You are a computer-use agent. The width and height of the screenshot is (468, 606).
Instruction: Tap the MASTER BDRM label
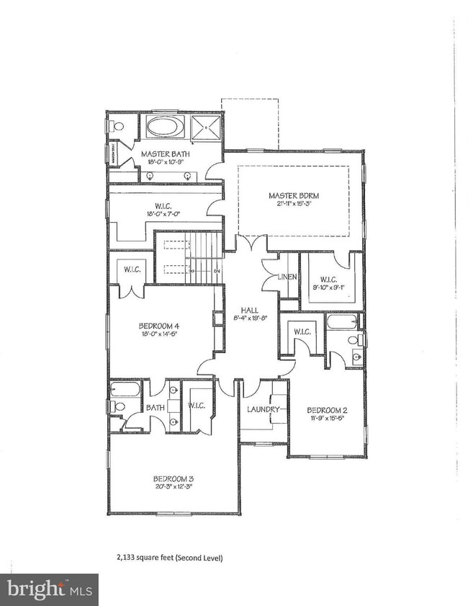tap(294, 195)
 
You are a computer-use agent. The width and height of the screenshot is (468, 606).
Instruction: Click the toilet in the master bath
tap(118, 125)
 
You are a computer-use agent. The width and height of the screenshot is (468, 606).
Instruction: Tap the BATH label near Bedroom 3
tap(156, 407)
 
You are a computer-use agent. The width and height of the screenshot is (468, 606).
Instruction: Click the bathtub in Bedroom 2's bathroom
tap(342, 321)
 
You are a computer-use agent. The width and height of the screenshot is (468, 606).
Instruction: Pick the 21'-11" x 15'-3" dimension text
tap(294, 205)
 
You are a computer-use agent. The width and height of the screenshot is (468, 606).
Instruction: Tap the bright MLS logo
tap(49, 589)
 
